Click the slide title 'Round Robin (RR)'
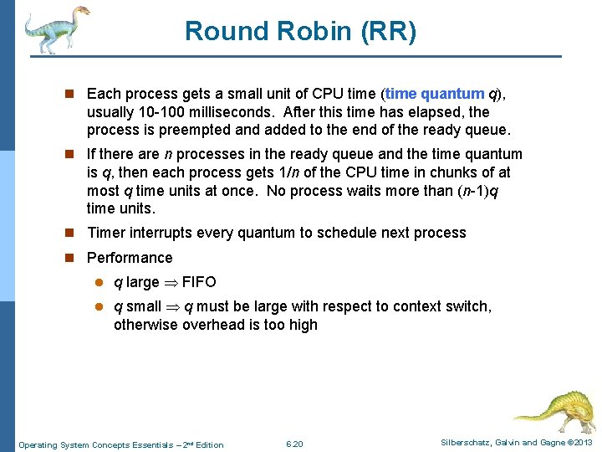pos(300,31)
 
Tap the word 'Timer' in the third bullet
pos(106,233)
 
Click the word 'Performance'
pos(130,258)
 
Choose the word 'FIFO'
pos(200,282)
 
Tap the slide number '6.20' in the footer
pos(294,444)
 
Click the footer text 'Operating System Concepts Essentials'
pos(100,444)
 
